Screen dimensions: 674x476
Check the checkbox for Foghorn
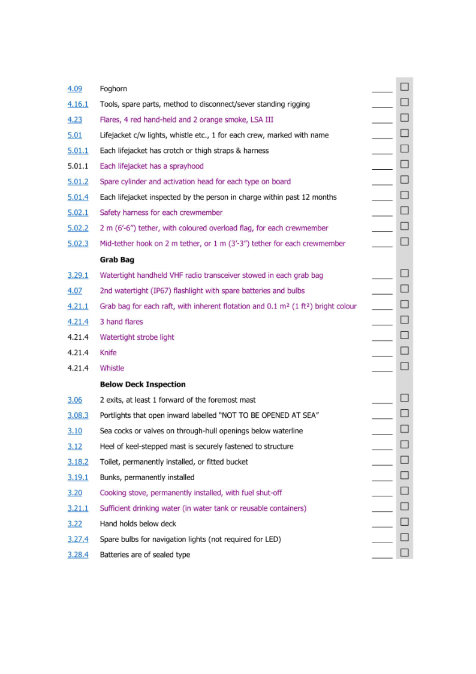click(x=405, y=87)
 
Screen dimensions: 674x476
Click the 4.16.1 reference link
click(x=78, y=104)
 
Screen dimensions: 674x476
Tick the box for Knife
click(x=405, y=351)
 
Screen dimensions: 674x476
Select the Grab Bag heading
click(x=117, y=260)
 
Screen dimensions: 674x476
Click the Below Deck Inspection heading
click(x=143, y=384)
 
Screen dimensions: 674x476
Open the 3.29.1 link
click(x=78, y=275)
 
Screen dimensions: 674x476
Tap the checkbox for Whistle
click(x=405, y=366)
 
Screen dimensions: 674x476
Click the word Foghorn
click(x=113, y=89)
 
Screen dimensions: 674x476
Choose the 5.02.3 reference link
click(x=78, y=244)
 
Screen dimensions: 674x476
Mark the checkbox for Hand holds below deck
click(x=405, y=522)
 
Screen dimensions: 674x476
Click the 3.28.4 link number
click(x=78, y=555)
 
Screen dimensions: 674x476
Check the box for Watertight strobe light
click(x=405, y=335)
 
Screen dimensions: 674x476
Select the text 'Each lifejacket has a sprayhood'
click(x=152, y=166)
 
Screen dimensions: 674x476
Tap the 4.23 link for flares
click(x=75, y=120)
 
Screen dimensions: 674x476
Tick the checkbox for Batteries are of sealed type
click(x=405, y=553)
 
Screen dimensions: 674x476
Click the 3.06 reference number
click(x=75, y=400)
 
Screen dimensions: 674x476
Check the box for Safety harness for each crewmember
click(x=405, y=211)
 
